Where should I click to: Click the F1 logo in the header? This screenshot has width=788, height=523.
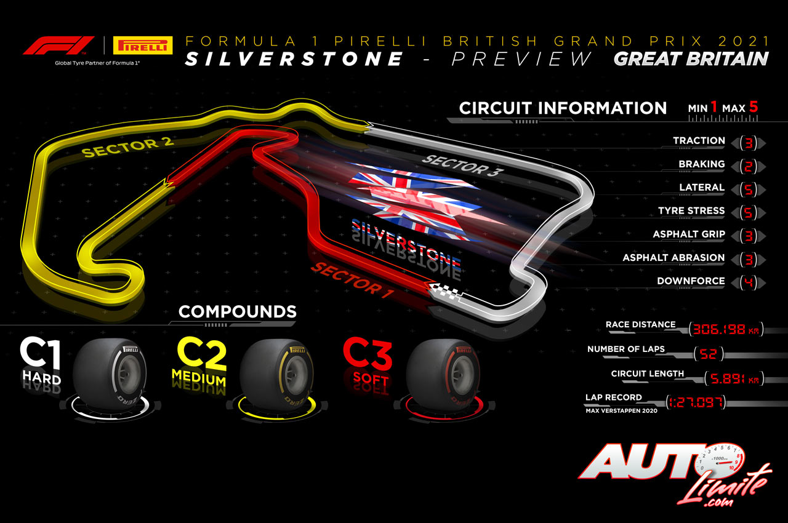pos(58,46)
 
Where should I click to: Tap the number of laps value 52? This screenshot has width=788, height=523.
pos(708,354)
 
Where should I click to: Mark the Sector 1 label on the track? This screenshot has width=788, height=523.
pos(352,278)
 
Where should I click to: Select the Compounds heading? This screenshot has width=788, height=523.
pos(237,311)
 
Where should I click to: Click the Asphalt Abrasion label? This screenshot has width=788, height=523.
pos(673,257)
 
